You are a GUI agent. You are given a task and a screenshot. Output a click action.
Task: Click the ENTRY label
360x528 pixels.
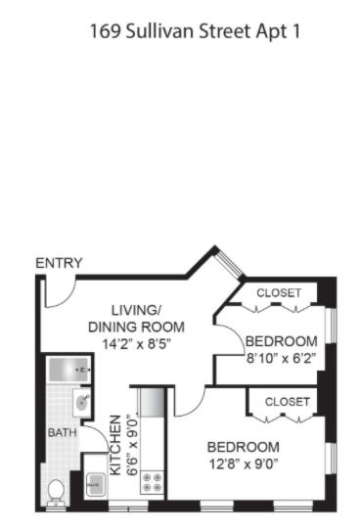[59, 263]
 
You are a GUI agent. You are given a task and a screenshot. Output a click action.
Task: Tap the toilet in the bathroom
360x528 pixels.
[56, 492]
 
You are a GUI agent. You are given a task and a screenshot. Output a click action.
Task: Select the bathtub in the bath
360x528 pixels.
[69, 370]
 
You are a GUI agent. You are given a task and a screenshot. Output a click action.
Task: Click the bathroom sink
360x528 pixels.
[82, 402]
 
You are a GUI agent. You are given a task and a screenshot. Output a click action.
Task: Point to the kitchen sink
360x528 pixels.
[96, 485]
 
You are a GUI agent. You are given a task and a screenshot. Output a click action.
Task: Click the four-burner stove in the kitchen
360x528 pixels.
[153, 482]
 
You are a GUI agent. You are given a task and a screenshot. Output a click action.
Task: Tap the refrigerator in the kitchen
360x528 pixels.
[153, 402]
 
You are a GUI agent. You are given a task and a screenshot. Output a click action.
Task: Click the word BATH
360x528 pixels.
[63, 432]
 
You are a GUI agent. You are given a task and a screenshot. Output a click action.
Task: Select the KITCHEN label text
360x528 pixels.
[115, 445]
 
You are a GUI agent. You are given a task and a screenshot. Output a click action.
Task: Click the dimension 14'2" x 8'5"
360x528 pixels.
[137, 344]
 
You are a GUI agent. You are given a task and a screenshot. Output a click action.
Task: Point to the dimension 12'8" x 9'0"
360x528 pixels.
[244, 464]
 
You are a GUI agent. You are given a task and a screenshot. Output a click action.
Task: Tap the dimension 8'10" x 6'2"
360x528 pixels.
[281, 358]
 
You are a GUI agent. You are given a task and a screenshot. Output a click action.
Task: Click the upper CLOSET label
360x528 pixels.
[279, 292]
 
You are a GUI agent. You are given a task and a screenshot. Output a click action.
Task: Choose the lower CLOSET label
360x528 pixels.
[288, 402]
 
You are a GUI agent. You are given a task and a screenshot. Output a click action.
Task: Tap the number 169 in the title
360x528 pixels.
[106, 31]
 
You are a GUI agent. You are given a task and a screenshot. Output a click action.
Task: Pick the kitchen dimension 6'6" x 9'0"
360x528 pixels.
[133, 446]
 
